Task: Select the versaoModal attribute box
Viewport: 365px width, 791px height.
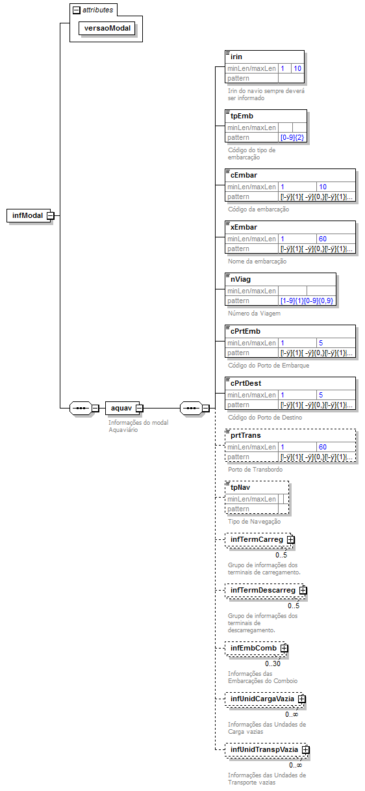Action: tap(107, 29)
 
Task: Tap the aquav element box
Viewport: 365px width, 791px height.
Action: tap(121, 408)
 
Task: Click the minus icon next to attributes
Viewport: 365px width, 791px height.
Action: tap(77, 10)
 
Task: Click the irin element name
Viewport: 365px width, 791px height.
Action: tap(236, 57)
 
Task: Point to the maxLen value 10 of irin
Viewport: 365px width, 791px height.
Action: tap(297, 68)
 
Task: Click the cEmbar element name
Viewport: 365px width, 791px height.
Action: tap(244, 174)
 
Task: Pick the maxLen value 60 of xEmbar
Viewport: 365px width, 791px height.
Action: tap(323, 239)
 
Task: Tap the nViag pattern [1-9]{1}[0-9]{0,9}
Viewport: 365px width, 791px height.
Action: tap(307, 301)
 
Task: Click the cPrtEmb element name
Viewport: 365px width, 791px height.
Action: tap(245, 331)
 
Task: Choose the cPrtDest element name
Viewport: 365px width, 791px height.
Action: tap(246, 383)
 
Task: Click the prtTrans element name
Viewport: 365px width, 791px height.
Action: tap(245, 435)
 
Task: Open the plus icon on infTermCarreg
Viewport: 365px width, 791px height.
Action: tap(291, 540)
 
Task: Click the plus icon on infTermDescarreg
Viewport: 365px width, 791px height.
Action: tap(303, 591)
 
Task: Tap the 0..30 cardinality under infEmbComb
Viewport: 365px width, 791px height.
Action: tap(272, 664)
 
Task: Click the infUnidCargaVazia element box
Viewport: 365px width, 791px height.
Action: tap(262, 699)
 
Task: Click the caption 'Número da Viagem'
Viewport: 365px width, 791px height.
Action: tap(254, 314)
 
